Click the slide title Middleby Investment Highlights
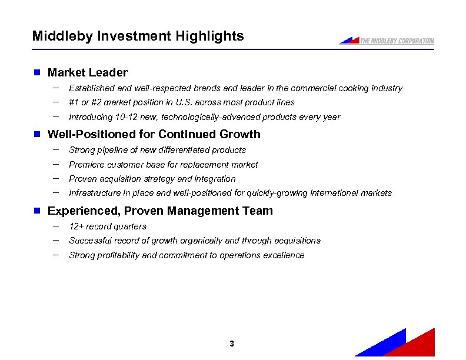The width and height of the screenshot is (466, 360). [138, 36]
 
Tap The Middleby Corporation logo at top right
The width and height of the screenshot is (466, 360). [387, 41]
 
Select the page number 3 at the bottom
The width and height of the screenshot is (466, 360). [232, 344]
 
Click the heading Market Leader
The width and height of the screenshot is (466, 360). [87, 72]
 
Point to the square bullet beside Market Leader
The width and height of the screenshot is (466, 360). [36, 72]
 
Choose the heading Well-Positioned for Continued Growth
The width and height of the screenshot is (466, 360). [154, 134]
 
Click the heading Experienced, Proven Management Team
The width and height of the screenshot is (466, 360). [160, 211]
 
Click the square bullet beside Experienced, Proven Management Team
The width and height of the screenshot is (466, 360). [36, 211]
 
